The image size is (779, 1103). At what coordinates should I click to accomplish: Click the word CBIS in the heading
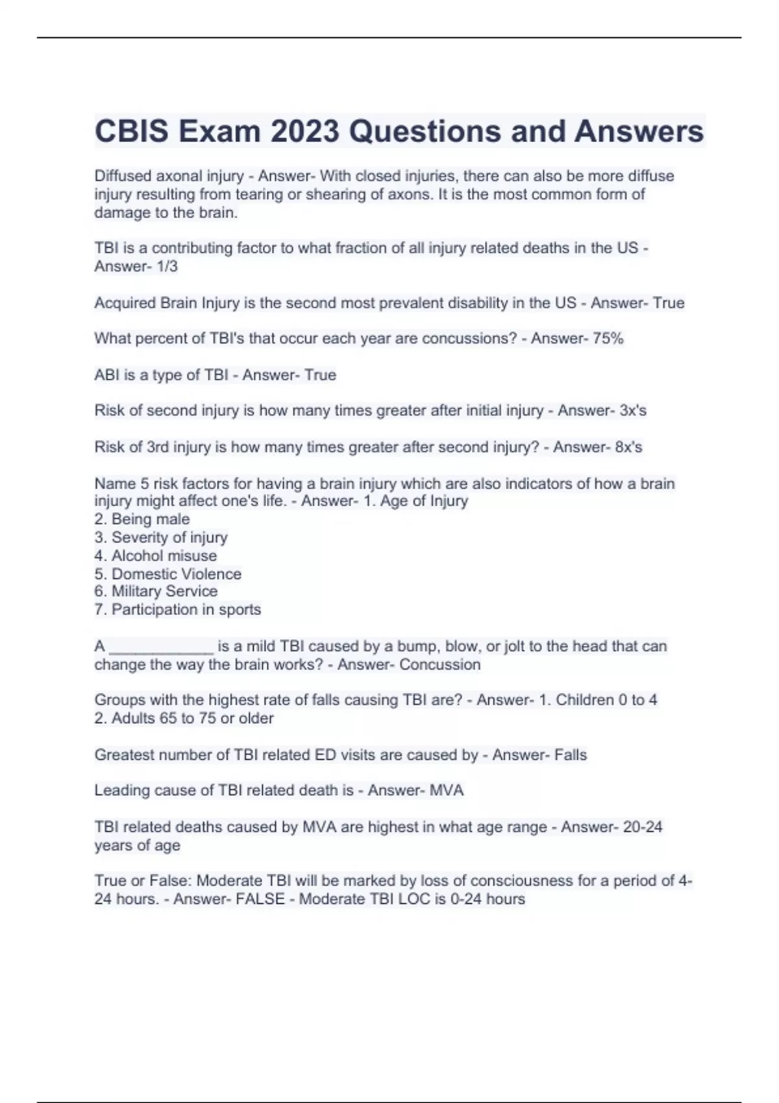(132, 132)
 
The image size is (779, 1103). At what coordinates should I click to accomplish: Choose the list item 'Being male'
(150, 519)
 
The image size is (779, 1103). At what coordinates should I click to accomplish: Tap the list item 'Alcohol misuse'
(164, 556)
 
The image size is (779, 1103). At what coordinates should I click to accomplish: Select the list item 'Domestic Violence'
(176, 574)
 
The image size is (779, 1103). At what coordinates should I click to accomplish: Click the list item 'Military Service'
(164, 591)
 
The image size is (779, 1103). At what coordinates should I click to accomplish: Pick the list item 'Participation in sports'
(186, 610)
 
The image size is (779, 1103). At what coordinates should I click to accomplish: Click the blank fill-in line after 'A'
(161, 647)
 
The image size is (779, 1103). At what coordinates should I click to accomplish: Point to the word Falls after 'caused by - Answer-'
(570, 755)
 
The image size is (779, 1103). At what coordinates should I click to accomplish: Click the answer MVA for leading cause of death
(447, 791)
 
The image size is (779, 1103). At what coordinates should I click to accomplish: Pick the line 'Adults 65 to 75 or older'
(192, 719)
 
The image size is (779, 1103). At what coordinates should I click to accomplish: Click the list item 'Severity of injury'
(169, 538)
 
